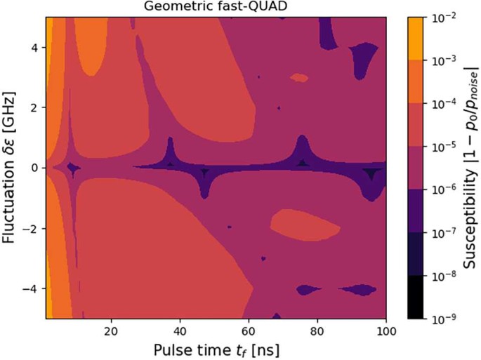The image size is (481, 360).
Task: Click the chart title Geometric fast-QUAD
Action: [x=216, y=7]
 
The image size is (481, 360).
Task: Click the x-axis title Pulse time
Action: [x=216, y=348]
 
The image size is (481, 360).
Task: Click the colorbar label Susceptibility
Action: [x=467, y=168]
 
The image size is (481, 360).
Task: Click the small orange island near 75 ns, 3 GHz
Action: [x=300, y=79]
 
